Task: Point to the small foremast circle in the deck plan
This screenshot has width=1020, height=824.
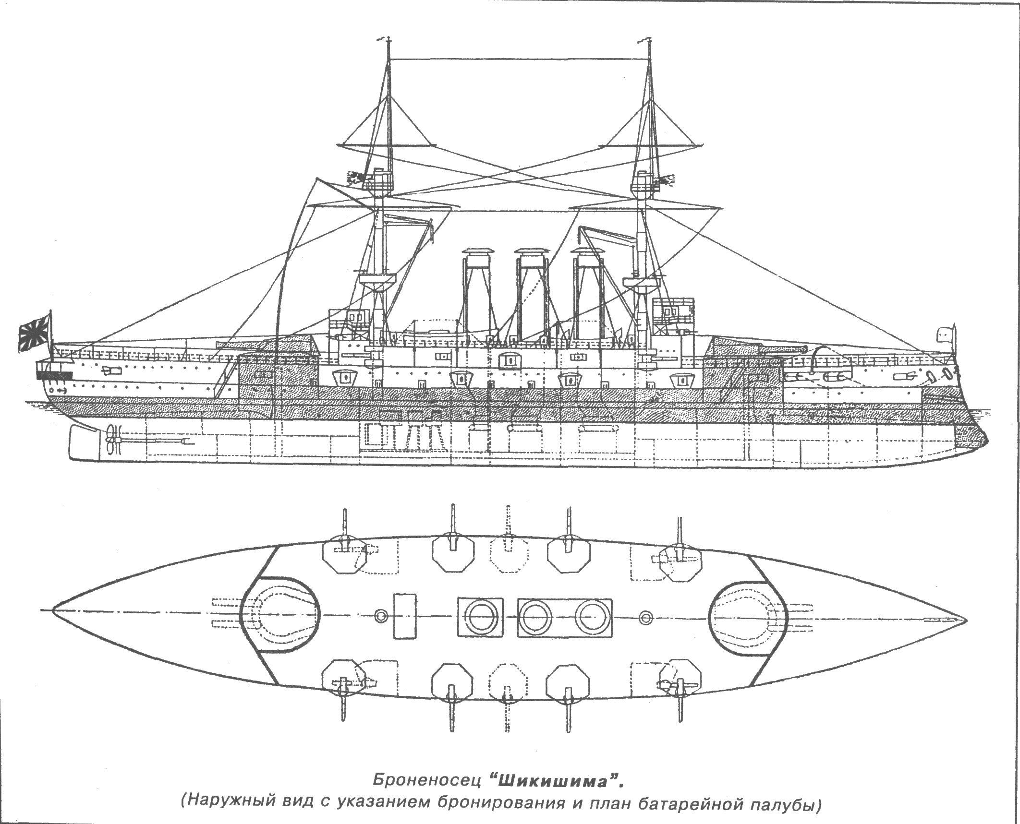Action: [646, 615]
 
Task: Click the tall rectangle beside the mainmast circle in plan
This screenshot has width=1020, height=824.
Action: [404, 615]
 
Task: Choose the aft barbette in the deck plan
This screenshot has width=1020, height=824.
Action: [281, 616]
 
